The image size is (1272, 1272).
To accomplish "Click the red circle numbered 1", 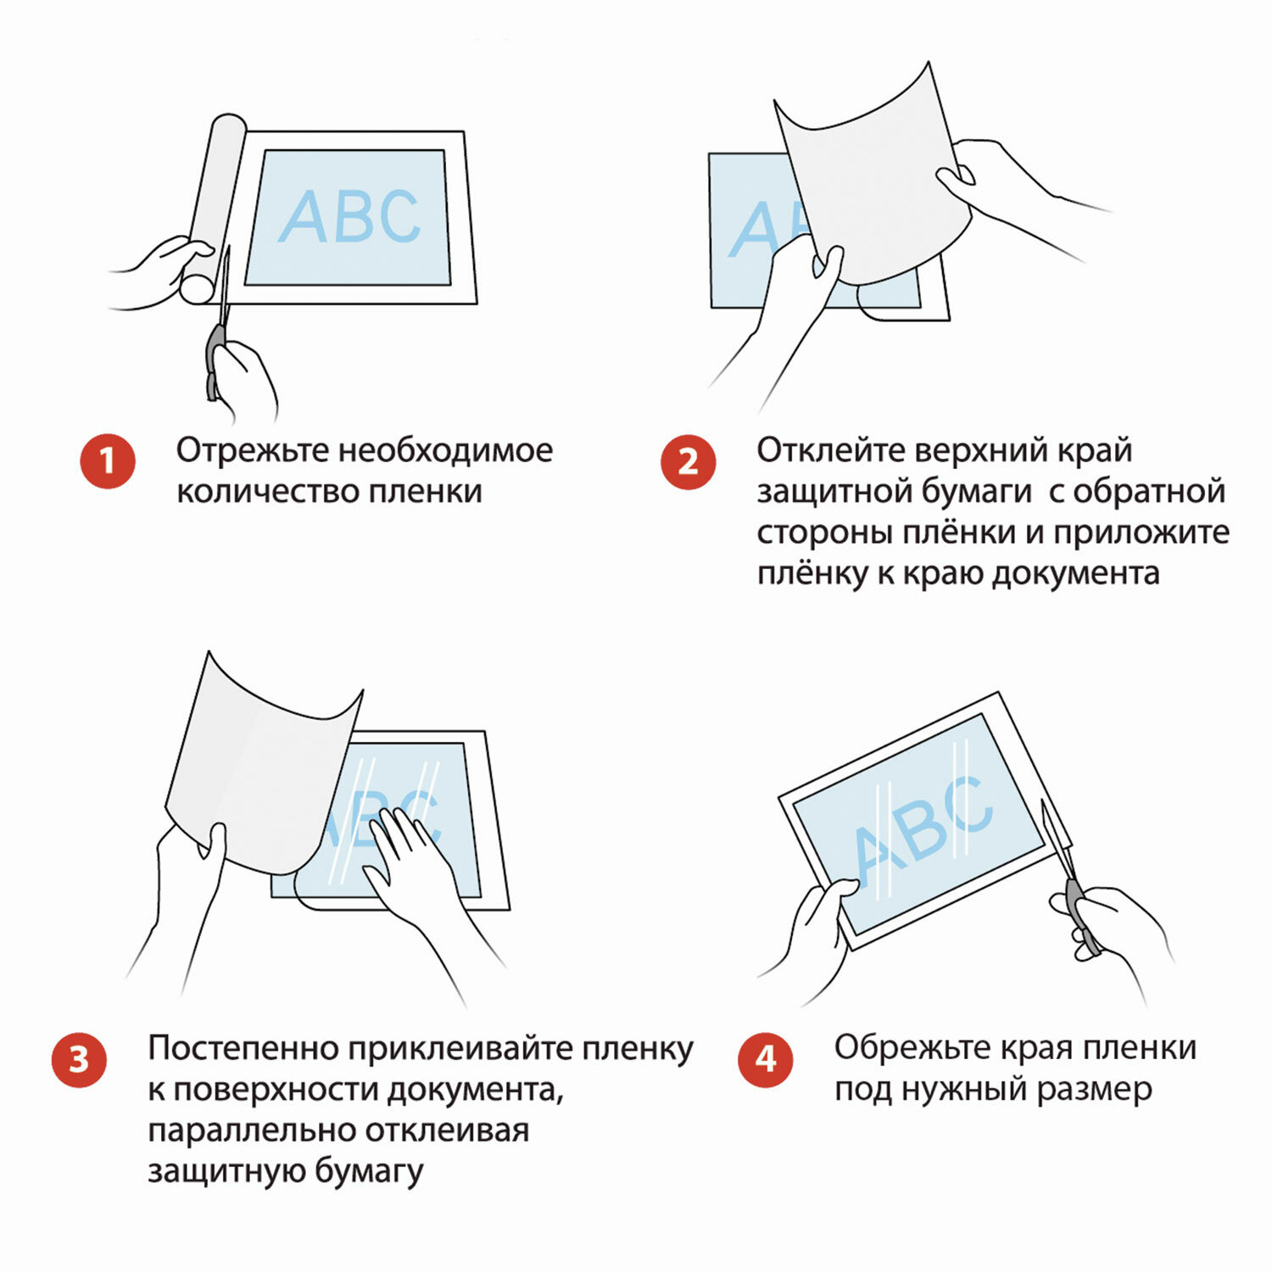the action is point(108,461).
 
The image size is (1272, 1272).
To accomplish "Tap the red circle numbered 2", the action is point(688,461).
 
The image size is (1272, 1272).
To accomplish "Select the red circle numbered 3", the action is point(79,1059).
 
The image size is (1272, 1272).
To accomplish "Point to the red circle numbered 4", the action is point(766,1059).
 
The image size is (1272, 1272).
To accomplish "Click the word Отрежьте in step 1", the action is point(252,450).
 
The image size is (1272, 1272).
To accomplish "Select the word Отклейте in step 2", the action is point(830,450).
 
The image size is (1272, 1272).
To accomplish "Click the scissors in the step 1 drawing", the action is point(218,326).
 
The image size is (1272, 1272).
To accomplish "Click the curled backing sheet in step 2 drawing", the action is point(873,178).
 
